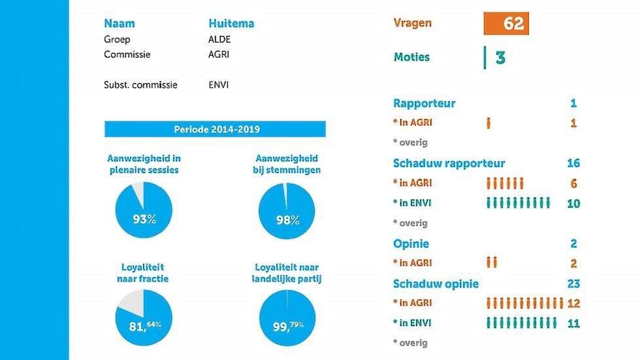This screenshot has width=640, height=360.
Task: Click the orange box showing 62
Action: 506,24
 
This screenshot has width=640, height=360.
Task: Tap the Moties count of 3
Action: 500,58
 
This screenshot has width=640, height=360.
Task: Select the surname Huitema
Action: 231,24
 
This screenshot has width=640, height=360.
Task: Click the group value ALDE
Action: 219,39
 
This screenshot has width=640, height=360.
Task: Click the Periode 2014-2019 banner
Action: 216,129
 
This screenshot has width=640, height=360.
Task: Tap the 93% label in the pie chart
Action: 145,219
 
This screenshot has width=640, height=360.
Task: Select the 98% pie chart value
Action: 287,219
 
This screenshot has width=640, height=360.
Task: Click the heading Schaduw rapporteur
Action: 449,163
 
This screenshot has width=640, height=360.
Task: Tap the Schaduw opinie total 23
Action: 573,284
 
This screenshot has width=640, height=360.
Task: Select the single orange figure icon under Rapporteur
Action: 488,123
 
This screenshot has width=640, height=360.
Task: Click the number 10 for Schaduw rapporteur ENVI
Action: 573,204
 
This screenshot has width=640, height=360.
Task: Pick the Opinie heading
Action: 411,243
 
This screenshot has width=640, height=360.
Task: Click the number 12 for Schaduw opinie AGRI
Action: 573,304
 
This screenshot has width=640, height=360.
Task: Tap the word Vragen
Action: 412,24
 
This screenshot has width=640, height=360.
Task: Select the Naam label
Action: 119,24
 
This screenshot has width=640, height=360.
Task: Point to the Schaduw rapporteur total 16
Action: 573,164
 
